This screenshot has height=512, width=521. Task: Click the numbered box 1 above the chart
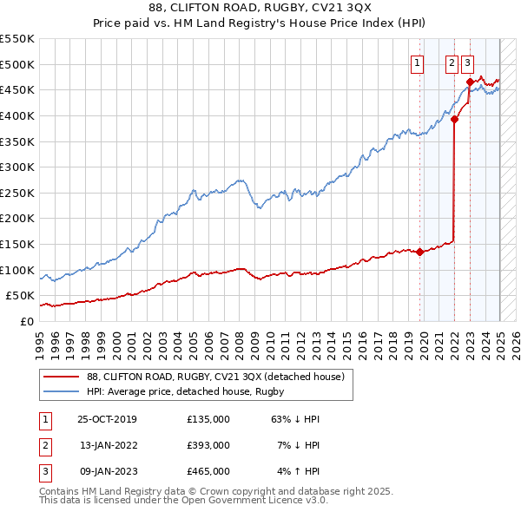(418, 62)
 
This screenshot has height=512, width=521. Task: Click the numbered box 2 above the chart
(452, 62)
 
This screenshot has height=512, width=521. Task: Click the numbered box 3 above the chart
(467, 62)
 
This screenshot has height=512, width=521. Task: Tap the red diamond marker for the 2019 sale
(420, 253)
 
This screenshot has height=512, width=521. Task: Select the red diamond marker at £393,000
(454, 121)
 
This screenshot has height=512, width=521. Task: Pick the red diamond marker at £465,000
(470, 82)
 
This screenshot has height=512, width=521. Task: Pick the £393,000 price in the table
(208, 445)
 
